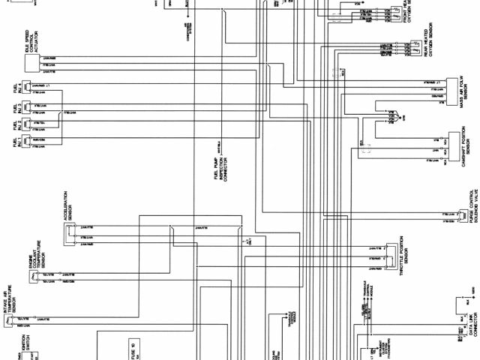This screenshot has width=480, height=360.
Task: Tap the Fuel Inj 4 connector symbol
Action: [27, 88]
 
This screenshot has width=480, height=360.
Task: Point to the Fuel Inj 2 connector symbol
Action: [27, 123]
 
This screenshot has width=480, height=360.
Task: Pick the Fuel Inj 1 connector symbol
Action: [27, 140]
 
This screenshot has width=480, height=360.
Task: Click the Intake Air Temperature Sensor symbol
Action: [9, 320]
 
